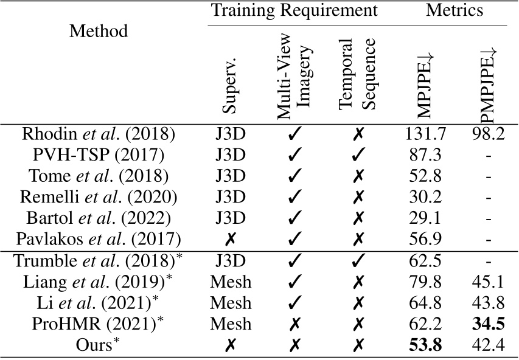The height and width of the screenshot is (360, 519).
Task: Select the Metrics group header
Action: [455, 10]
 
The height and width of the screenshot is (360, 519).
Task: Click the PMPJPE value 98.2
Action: [487, 134]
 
